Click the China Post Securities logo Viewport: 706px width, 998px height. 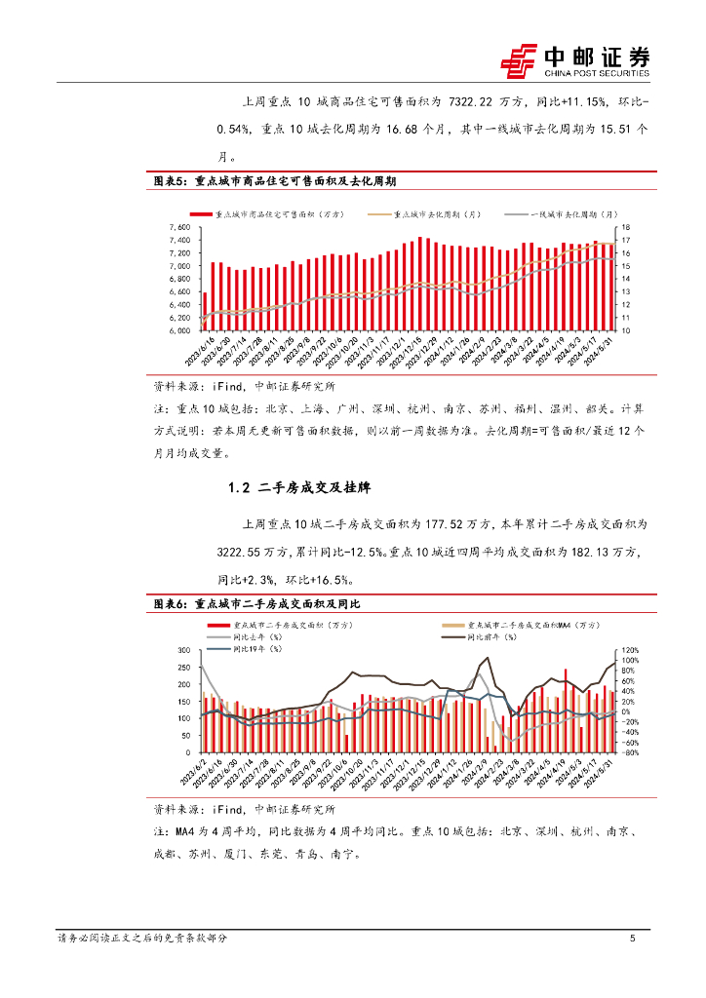(574, 60)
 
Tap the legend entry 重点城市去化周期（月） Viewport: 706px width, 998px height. (438, 214)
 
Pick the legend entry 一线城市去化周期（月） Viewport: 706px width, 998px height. (573, 214)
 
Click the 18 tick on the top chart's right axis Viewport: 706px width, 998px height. (627, 227)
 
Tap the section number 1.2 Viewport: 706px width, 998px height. (240, 488)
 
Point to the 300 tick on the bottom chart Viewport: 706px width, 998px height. (182, 650)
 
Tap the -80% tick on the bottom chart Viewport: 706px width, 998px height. (632, 752)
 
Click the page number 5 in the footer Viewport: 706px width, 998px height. (633, 939)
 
